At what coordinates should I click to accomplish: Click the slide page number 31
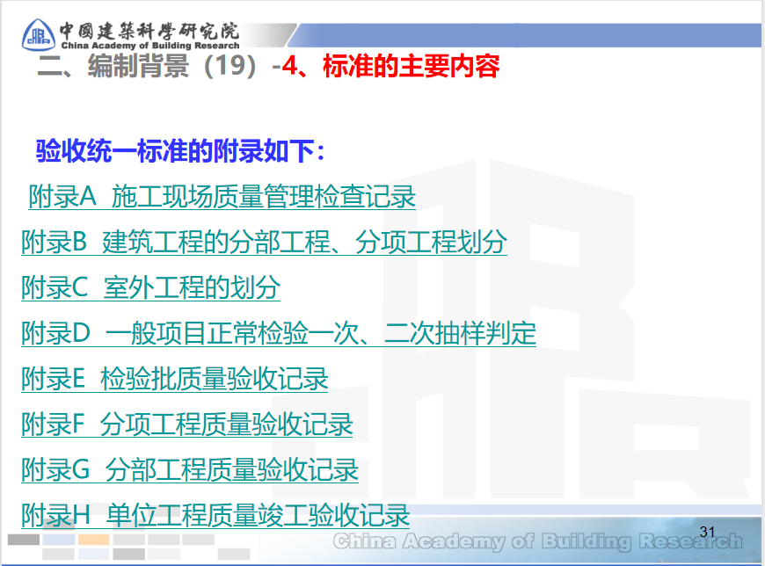[708, 531]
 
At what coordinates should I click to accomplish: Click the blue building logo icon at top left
[37, 32]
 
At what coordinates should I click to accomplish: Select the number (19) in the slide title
[231, 66]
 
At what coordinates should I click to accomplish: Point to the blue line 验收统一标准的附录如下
[180, 151]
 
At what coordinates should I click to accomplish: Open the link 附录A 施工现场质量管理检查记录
[222, 196]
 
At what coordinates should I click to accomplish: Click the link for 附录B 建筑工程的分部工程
[264, 242]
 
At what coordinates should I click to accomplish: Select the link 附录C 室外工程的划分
[150, 287]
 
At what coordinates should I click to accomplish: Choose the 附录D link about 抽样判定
[278, 333]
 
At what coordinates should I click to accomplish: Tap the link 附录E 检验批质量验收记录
[174, 379]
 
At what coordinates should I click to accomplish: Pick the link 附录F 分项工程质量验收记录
[186, 424]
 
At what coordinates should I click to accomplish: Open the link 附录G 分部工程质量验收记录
[190, 470]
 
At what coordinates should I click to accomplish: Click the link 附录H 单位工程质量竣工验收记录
[215, 515]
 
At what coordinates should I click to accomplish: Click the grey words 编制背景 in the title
[139, 66]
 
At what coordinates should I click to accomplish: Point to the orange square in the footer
[93, 540]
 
